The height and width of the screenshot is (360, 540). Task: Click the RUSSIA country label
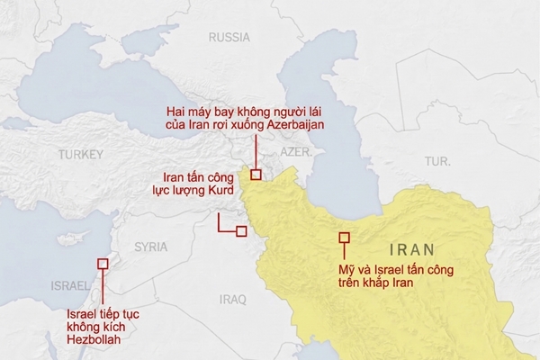tap(229, 37)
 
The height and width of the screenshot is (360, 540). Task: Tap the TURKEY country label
tap(82, 156)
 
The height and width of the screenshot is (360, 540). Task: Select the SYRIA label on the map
tap(150, 246)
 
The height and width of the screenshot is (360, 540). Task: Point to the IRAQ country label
tap(232, 299)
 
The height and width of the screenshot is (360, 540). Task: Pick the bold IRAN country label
tap(411, 250)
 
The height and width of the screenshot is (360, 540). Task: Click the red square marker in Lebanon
tap(103, 264)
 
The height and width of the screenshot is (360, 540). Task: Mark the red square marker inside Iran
tap(344, 238)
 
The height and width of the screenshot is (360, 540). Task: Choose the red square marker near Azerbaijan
tap(256, 175)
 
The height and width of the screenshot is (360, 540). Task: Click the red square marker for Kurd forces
tap(240, 231)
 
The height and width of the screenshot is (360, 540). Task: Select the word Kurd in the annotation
tap(219, 192)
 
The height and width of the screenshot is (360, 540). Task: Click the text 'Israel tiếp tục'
tap(104, 314)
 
